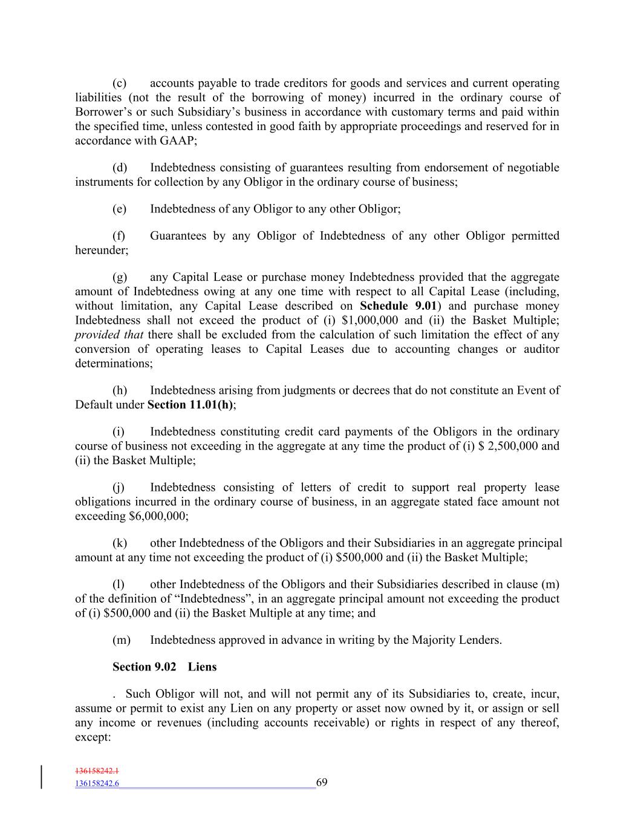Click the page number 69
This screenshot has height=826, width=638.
coord(322,783)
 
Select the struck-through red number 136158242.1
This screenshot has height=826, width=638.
coord(97,771)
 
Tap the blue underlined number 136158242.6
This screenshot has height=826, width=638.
coord(97,784)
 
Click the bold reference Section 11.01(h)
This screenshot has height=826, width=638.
coord(190,405)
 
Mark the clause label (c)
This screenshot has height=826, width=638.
coord(119,83)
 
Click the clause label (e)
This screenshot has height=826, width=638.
coord(119,209)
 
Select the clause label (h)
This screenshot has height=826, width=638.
coord(119,390)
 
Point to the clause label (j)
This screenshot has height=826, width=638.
coord(119,487)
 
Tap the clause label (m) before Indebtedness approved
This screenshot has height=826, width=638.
coord(121,640)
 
